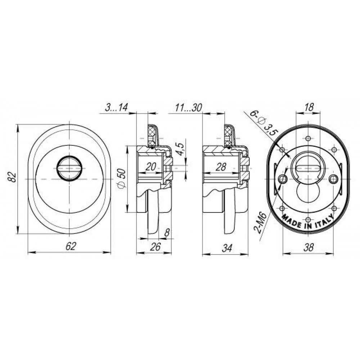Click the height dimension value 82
[13, 177]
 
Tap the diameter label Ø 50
[122, 179]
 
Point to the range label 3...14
[116, 108]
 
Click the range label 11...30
[188, 108]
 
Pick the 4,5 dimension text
[181, 149]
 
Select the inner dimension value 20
[151, 166]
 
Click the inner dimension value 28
[221, 167]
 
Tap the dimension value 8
[167, 233]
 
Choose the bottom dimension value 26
[155, 247]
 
